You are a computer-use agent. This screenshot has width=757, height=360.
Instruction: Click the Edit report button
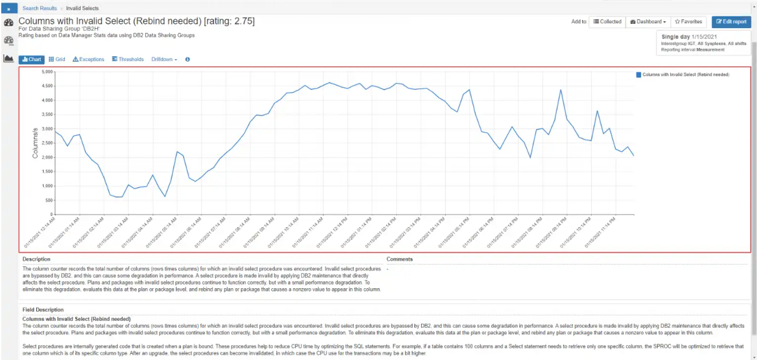731,21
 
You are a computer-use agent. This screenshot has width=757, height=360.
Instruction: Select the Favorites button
688,21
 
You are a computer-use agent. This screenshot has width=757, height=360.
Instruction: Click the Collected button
607,21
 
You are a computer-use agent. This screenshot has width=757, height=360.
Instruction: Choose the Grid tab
57,59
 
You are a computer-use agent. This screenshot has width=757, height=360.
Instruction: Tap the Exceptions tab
89,59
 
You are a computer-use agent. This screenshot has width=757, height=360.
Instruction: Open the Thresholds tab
127,59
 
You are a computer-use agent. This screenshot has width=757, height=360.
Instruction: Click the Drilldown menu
164,59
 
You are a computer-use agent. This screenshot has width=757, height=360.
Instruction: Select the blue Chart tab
32,59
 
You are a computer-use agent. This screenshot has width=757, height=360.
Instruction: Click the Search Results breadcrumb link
39,8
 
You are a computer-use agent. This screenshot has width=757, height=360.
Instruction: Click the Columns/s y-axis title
36,143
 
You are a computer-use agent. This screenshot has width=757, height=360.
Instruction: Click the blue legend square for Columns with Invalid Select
638,74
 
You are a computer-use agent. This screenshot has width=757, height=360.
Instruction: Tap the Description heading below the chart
36,259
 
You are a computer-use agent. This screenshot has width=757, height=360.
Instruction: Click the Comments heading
399,259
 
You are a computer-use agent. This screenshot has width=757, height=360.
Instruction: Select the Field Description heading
43,309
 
